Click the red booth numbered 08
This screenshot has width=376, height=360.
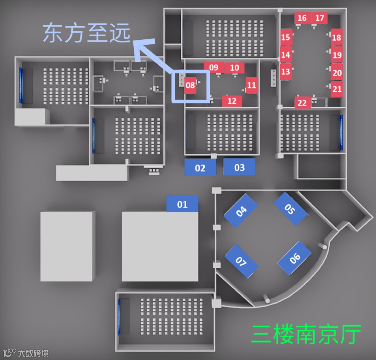click(190, 85)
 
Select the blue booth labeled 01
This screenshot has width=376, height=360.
click(182, 204)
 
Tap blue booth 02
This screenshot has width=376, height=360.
click(200, 167)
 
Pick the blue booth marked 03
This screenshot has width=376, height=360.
click(239, 167)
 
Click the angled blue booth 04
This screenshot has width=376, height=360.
click(241, 211)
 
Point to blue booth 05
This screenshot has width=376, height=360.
click(290, 209)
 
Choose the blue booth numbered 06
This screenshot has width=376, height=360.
click(295, 258)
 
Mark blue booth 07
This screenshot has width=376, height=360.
click(241, 261)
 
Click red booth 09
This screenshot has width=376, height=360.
click(213, 68)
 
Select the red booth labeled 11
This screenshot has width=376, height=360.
click(252, 85)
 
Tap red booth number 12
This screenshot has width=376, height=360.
click(232, 101)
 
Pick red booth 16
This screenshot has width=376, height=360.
click(302, 18)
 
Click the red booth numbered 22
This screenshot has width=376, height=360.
click(302, 103)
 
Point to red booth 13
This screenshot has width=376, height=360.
click(285, 71)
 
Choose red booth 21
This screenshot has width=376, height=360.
click(337, 89)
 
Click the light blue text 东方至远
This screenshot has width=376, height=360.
click(87, 34)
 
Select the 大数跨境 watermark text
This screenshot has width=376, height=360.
click(33, 353)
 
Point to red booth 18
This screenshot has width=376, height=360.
click(337, 37)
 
